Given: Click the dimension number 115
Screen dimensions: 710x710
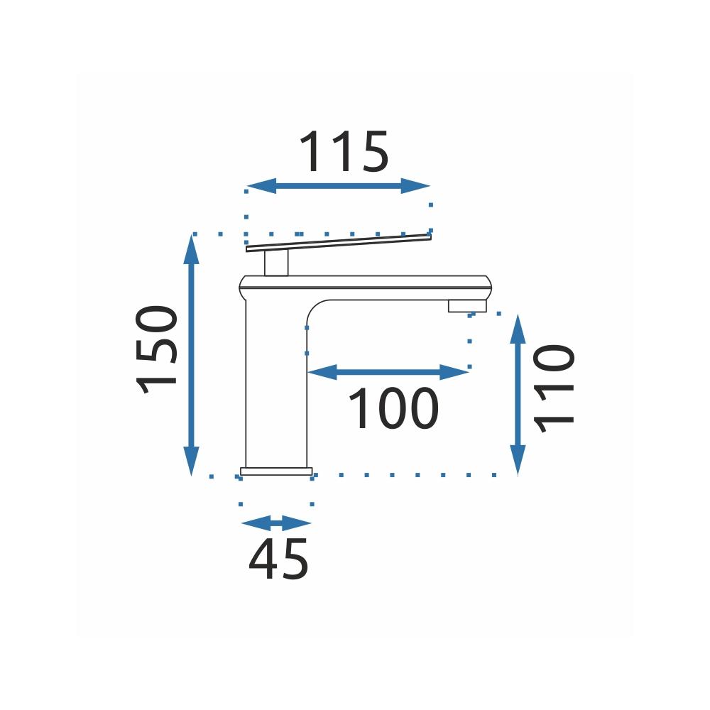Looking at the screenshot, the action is pos(344,151).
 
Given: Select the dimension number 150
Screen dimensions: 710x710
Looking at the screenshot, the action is pos(156,349).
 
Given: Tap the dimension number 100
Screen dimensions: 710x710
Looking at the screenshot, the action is pos(393,408).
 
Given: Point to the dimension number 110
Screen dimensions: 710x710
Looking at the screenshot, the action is pos(554,388).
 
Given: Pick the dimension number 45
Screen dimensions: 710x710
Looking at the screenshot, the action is pos(278,559).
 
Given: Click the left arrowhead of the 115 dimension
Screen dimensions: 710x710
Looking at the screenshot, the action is pos(261,185).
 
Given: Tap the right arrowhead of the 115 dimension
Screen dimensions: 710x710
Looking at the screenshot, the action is pos(415,185).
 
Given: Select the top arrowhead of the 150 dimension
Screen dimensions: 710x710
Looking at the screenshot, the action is pos(191,249).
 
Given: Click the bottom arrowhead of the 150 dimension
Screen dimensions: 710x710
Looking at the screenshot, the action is pos(191,461).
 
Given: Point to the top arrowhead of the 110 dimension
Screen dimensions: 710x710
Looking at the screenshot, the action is pos(518,329).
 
